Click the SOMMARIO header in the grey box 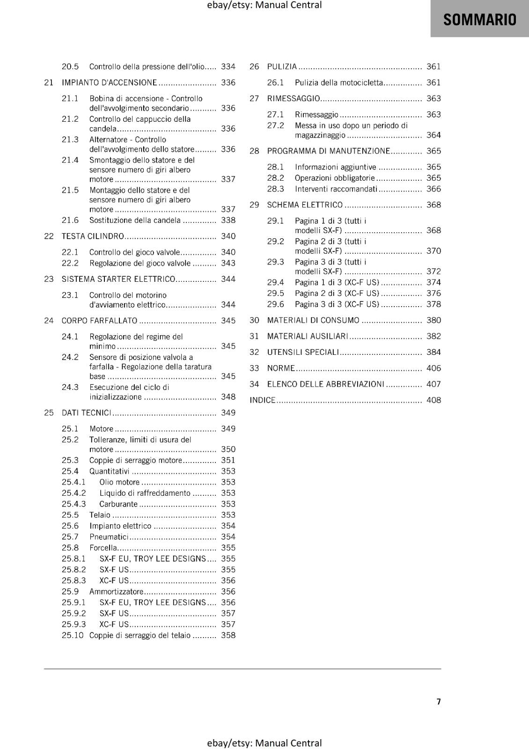click(479, 20)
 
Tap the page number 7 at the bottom click(439, 701)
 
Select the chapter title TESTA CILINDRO click(93, 236)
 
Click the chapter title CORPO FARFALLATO click(99, 321)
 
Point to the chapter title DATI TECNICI click(86, 412)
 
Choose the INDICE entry click(262, 400)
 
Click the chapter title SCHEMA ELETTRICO click(305, 205)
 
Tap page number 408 click(433, 400)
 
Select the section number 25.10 click(73, 635)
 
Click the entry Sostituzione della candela click(135, 220)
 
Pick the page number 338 click(228, 220)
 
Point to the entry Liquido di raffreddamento click(145, 493)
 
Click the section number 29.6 click(275, 304)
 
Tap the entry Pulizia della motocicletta click(338, 82)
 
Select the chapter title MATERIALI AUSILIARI click(308, 336)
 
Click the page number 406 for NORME click(433, 368)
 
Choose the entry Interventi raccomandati click(336, 189)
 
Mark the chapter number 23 click(49, 279)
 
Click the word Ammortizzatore click(116, 592)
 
